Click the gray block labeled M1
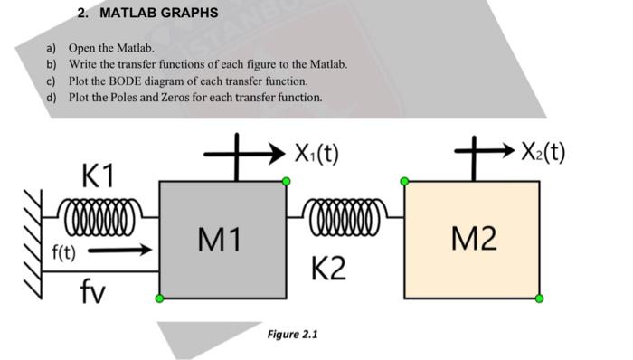pos(222,240)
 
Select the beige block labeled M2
pos(471,240)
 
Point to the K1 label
pos(97,174)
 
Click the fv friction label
pos(93,290)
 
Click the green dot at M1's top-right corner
pos(286,182)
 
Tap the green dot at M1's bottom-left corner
pos(159,298)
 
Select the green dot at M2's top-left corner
pos(404,182)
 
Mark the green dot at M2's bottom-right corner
pos(539,298)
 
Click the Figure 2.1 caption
pos(293,334)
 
